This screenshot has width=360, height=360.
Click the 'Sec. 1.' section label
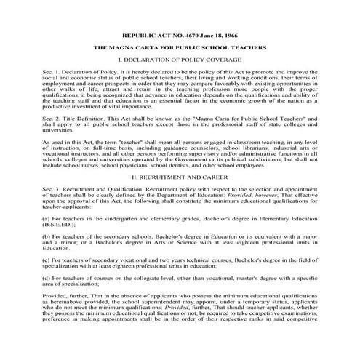(53, 74)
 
